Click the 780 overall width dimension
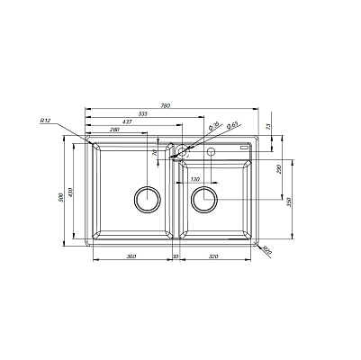(x=166, y=107)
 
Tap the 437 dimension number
(x=131, y=122)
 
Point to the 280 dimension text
(x=115, y=130)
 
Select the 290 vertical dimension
(x=280, y=168)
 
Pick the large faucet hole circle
(x=181, y=151)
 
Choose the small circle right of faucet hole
(x=212, y=151)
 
